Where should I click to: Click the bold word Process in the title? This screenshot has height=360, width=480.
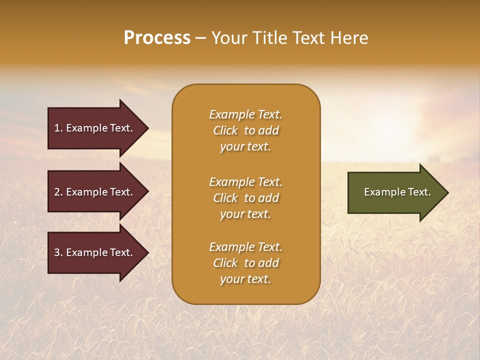click(157, 38)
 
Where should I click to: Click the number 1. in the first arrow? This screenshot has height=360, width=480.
click(58, 128)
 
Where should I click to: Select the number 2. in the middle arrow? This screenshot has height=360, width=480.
click(58, 192)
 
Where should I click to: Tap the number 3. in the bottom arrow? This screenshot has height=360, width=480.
click(58, 252)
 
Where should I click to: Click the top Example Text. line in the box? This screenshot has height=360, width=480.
click(245, 114)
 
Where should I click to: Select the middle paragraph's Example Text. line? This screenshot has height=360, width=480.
click(245, 182)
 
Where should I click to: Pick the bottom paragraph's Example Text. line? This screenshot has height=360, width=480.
click(245, 247)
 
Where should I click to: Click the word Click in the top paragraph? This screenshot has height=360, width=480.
click(225, 130)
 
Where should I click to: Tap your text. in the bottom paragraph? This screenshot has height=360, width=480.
click(245, 279)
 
